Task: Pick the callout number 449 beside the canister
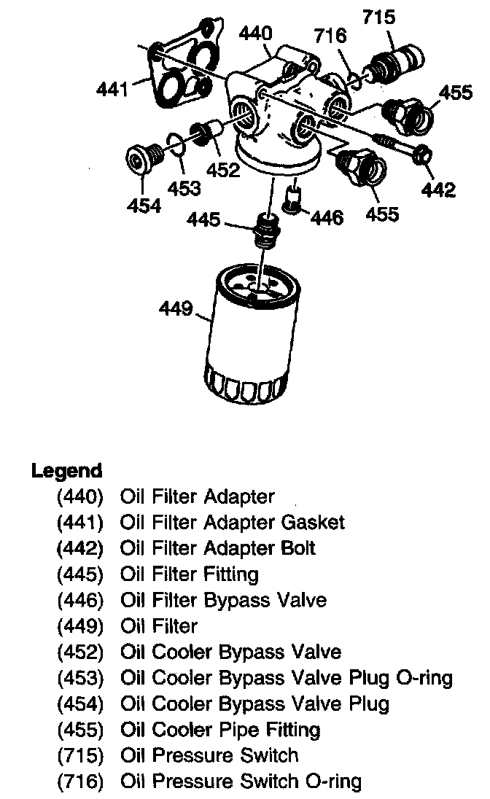click(x=176, y=310)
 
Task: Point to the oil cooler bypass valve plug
click(x=143, y=159)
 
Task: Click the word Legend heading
click(x=67, y=470)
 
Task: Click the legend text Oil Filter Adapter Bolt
click(x=218, y=548)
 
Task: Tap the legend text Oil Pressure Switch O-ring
click(x=241, y=782)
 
